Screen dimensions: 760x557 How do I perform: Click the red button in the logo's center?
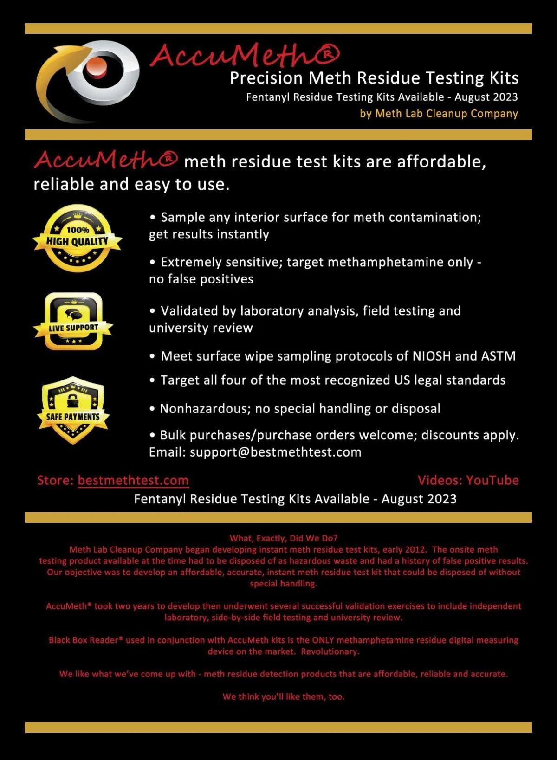point(96,69)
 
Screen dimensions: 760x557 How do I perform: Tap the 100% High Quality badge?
point(78,238)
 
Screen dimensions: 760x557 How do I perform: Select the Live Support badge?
point(73,322)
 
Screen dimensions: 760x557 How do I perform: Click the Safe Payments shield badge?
point(73,410)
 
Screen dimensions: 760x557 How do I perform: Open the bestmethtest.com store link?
point(133,480)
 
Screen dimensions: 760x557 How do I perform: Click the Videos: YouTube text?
point(468,480)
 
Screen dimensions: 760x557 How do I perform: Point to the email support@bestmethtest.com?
point(275,452)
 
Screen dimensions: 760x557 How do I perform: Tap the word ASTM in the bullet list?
point(499,356)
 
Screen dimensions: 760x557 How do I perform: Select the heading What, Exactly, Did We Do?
point(283,538)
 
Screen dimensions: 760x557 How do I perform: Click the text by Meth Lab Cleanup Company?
point(439,114)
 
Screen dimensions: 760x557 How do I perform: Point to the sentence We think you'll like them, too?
point(283,696)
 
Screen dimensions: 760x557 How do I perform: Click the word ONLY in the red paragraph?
point(323,640)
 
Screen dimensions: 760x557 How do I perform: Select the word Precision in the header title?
point(266,78)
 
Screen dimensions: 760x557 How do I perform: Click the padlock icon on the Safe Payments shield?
point(73,399)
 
